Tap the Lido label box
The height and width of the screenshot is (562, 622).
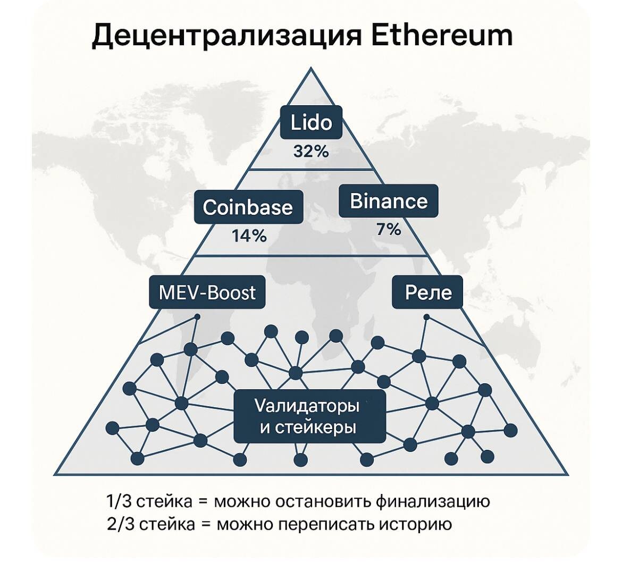click(312, 123)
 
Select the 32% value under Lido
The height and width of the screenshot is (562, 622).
click(312, 152)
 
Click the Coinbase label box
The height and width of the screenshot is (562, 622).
click(248, 207)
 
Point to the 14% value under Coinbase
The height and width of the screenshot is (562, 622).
click(249, 236)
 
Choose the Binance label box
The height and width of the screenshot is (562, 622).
click(389, 201)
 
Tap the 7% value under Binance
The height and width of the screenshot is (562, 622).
click(389, 230)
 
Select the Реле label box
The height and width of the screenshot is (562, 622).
click(428, 292)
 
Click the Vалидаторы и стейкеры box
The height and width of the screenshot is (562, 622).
click(310, 416)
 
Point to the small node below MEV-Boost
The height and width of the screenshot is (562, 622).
click(197, 317)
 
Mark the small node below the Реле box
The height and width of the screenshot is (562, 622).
click(426, 317)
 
